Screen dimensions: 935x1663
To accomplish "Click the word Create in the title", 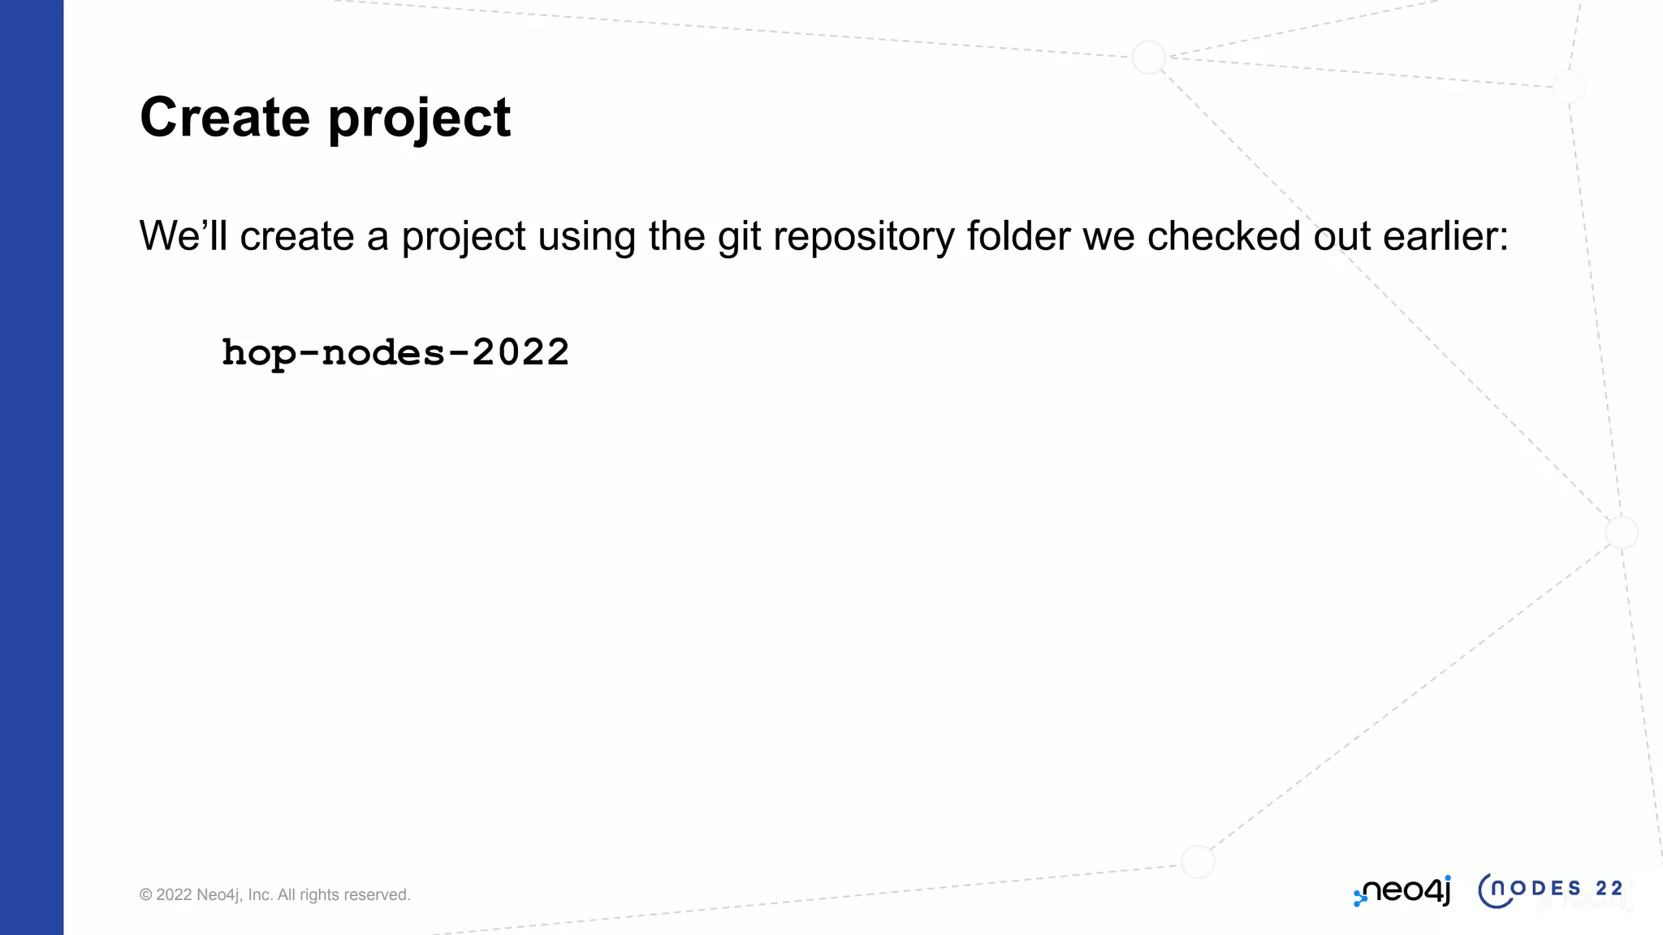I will tap(225, 118).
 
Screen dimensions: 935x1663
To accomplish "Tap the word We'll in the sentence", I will tap(184, 236).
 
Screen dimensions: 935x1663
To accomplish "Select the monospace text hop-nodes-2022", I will tap(395, 353).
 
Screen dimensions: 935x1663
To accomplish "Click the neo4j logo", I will tap(1402, 891).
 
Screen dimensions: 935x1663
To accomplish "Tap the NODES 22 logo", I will tap(1551, 890).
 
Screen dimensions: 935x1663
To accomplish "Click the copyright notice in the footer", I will tap(274, 894).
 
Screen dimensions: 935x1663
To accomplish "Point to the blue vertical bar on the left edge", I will tap(32, 467).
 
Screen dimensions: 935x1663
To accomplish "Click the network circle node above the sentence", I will tap(1148, 58).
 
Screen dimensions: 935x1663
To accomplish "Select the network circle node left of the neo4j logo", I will tap(1197, 862).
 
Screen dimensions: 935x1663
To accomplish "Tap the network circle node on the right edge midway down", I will tap(1622, 532).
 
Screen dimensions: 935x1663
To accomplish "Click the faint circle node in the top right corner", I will tap(1569, 86).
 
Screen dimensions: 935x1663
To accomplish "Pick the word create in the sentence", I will tap(297, 236).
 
